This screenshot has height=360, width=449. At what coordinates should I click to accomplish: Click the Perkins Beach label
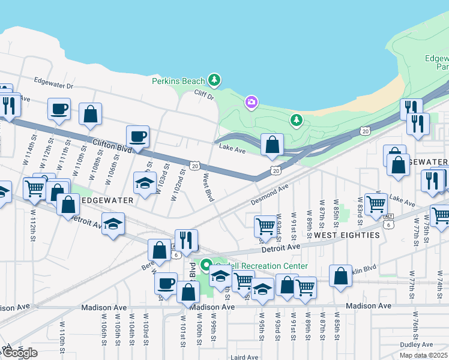coord(178,81)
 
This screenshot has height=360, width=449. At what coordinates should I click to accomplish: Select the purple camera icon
coord(252,103)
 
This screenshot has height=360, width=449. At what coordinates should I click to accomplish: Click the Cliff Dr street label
coord(204,95)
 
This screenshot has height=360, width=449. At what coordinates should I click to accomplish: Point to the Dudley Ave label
coord(417,344)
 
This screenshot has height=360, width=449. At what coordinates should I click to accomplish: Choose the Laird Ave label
coord(244,357)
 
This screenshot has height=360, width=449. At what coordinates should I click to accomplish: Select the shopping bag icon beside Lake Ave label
coord(273,144)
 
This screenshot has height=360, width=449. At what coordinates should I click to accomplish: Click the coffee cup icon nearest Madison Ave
coord(166,283)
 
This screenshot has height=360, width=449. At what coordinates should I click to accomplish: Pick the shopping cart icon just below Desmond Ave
coord(265,226)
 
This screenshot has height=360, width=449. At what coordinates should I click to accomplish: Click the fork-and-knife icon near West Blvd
coord(186,240)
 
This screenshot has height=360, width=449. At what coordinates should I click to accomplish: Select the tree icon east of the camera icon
coord(296,121)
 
